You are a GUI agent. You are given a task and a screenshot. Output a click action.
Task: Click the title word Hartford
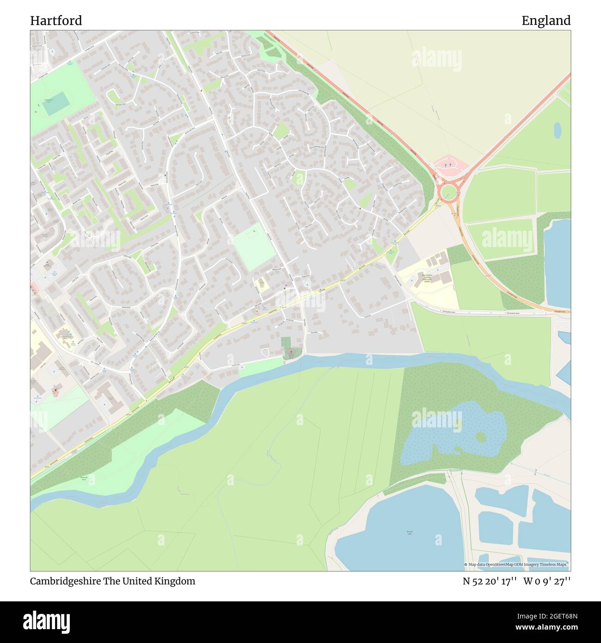point(56,20)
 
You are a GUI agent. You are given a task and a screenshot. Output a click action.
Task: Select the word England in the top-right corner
point(546,20)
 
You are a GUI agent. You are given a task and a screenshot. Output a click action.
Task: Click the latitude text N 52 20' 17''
point(490,581)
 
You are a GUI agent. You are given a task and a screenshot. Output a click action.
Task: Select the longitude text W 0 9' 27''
point(547,581)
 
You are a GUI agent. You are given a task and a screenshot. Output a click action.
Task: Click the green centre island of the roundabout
point(448,192)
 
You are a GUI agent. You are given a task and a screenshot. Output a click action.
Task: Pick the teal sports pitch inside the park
point(55,106)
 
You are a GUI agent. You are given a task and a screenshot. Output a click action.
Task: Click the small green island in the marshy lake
point(481,437)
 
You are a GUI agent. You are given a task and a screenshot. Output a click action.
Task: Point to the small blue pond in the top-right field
point(558,130)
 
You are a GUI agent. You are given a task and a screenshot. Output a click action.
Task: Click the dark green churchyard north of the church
point(286,343)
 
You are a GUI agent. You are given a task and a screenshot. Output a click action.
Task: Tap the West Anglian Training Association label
point(426,279)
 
